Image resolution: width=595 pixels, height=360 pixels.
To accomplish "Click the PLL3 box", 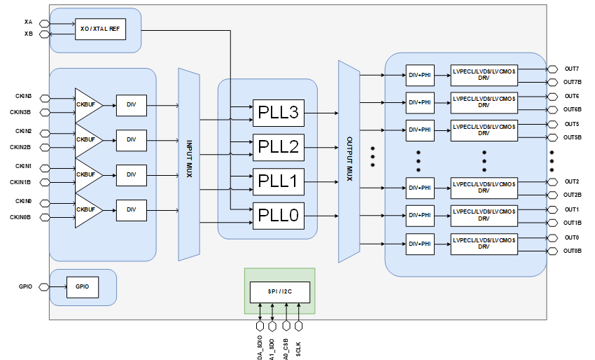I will coord(279,112).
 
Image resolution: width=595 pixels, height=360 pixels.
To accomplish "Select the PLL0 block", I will coord(279,216).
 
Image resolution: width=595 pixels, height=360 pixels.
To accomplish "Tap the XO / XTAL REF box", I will coord(100,29).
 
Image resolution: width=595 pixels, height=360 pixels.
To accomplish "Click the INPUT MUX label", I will coord(189,159).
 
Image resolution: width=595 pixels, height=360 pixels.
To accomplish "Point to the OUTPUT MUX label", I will coord(349,159).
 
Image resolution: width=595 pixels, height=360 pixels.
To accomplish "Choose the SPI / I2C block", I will coord(279,291).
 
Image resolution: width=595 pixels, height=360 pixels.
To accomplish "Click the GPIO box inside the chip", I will coord(82,286).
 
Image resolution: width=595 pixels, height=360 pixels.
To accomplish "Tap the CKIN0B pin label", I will coord(20,217).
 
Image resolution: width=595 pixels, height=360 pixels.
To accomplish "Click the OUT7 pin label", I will coord(572,69).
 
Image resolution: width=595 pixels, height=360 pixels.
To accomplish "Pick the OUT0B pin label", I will coord(573,250).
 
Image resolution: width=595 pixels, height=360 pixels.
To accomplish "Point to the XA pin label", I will coord(28,22).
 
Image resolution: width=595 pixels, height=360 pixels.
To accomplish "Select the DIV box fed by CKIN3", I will coord(132,105).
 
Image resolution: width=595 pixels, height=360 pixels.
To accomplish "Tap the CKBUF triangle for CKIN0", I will coord(87,209).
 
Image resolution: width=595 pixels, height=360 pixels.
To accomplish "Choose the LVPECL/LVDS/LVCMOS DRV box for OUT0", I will coord(484,243).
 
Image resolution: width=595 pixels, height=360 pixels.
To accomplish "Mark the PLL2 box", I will coord(279,147).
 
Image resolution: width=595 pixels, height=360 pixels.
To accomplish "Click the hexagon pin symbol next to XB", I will coord(44,34).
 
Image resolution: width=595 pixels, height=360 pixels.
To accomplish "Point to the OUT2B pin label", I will coord(573,195).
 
